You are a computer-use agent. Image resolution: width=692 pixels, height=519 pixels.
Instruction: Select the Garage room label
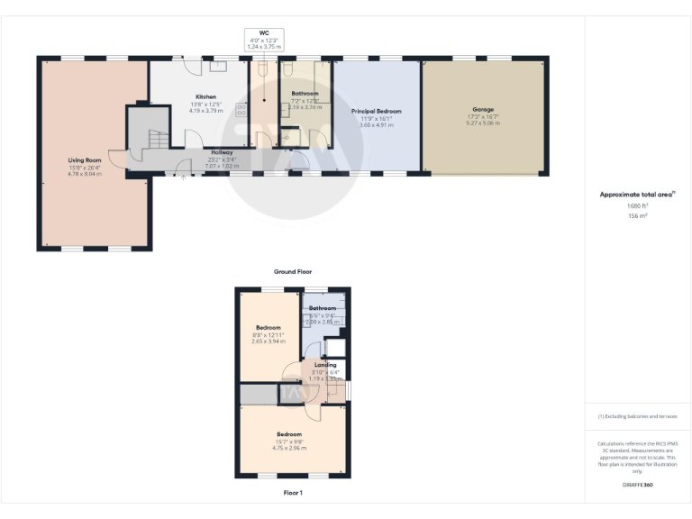(482, 110)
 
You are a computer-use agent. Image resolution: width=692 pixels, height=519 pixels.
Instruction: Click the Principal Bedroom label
(376, 112)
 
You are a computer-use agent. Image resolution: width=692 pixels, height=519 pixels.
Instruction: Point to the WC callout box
(264, 39)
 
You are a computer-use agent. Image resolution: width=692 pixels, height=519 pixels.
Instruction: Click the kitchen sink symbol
(220, 66)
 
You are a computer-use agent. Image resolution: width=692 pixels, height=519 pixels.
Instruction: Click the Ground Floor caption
(292, 271)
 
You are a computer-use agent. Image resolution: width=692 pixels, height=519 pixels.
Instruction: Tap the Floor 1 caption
(293, 493)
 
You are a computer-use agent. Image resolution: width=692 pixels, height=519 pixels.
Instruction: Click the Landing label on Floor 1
(324, 365)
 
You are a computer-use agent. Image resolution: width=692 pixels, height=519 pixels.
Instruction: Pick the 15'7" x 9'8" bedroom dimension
(288, 441)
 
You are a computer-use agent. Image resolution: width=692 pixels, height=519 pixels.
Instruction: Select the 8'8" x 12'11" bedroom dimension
(269, 334)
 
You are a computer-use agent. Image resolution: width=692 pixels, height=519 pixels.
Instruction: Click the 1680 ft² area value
(637, 206)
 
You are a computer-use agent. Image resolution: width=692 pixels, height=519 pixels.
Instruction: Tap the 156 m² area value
(637, 216)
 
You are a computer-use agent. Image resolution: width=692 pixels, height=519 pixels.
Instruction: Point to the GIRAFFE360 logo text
(637, 486)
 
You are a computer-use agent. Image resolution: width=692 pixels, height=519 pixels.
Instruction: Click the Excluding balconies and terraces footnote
(637, 416)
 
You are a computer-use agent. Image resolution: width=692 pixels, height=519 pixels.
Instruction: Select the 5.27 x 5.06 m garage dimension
(482, 123)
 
